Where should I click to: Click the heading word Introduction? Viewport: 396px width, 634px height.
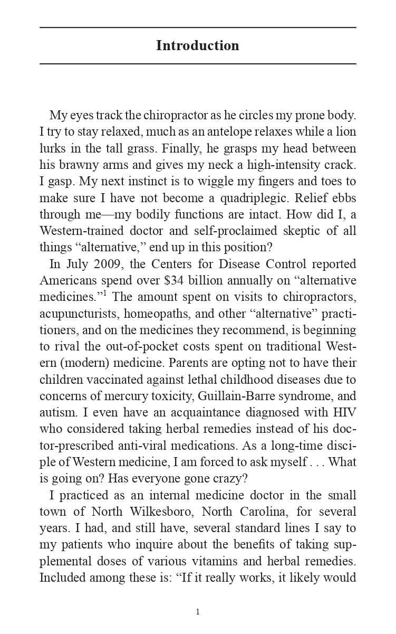click(198, 46)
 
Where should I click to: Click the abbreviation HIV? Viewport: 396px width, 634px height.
click(345, 412)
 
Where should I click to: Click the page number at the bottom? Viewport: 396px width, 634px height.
click(198, 612)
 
